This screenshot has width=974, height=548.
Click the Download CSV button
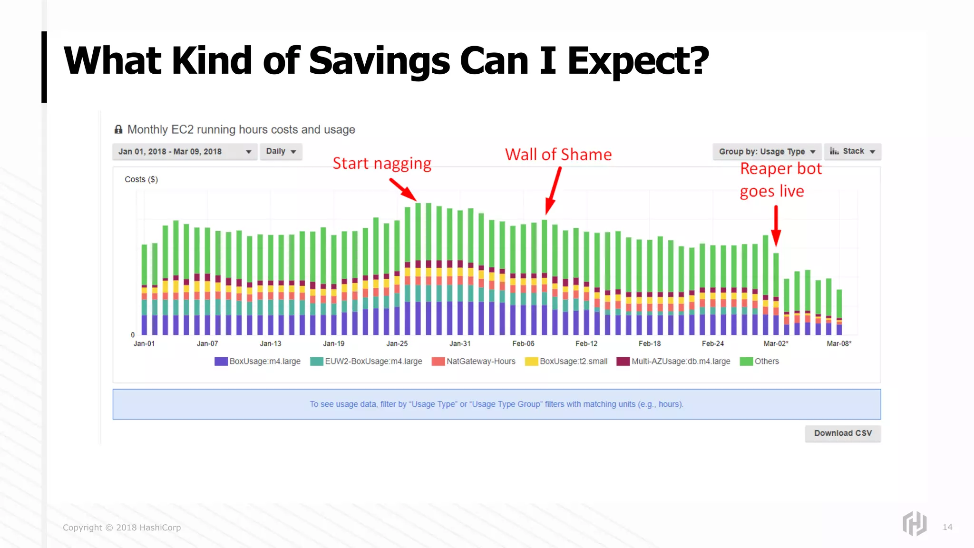pos(843,433)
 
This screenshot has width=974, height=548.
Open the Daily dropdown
pos(281,151)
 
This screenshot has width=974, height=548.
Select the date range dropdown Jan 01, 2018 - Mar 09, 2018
pos(185,152)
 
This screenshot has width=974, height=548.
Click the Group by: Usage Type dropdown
pos(767,152)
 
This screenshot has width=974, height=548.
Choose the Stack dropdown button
pos(852,151)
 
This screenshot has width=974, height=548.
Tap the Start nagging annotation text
pos(382,164)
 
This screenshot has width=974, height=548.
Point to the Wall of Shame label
pos(558,155)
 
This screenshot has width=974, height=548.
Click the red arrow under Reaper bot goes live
pos(776,226)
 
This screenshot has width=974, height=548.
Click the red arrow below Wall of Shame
pos(554,190)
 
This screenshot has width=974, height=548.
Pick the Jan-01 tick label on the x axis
pos(144,343)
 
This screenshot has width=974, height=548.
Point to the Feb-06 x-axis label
pos(523,343)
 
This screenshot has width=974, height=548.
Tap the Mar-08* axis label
pos(839,343)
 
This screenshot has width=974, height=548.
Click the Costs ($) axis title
pos(141,179)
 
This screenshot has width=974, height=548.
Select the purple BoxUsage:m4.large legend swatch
pos(221,362)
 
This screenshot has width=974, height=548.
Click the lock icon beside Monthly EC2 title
pos(118,129)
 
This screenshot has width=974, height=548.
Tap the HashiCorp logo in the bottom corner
pos(914,524)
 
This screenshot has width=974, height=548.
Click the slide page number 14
pos(947,527)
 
